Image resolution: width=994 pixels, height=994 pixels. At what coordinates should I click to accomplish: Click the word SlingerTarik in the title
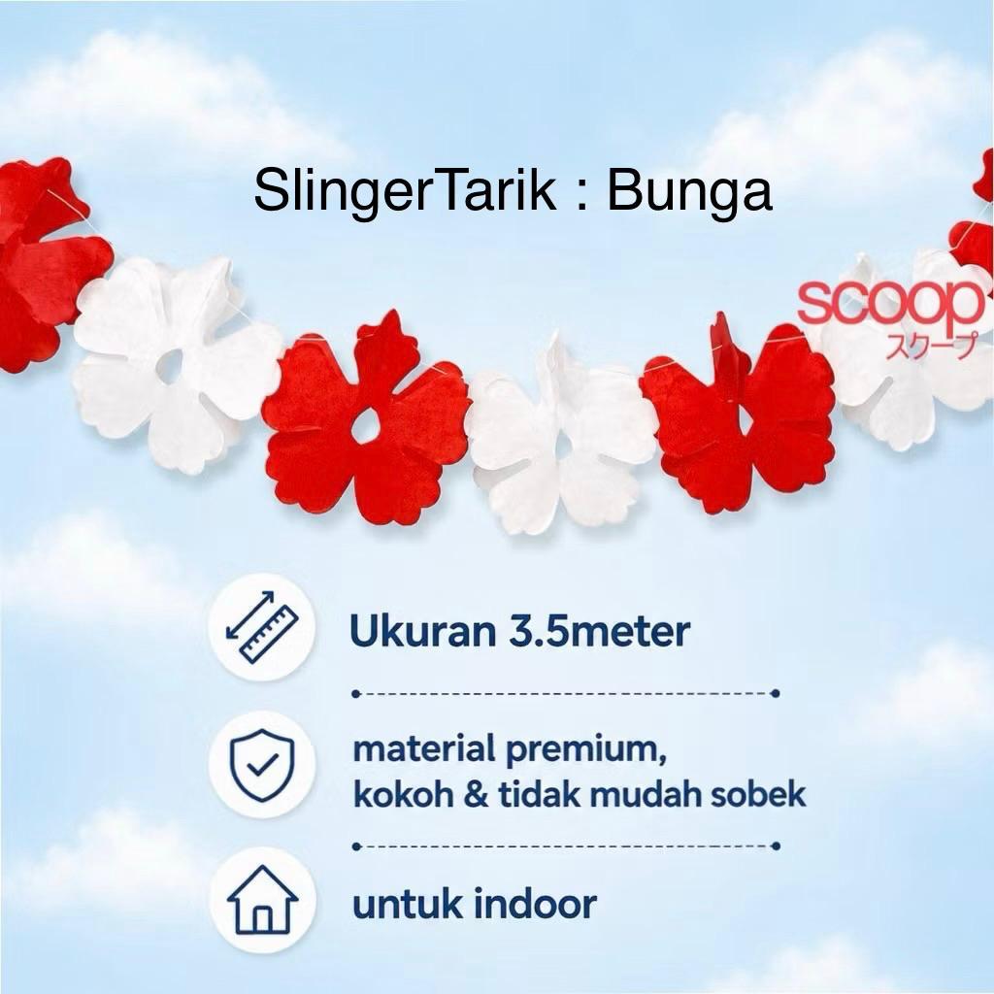[x=405, y=191]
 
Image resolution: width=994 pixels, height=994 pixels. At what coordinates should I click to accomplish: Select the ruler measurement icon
[x=262, y=628]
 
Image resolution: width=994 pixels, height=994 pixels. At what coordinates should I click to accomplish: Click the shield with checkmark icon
[x=262, y=765]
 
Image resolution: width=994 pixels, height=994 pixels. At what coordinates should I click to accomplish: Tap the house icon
[x=262, y=899]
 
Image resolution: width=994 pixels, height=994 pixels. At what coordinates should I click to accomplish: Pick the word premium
[x=585, y=750]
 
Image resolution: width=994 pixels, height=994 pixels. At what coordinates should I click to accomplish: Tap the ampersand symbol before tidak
[x=476, y=795]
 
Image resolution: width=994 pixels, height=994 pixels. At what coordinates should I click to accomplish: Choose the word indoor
[x=535, y=904]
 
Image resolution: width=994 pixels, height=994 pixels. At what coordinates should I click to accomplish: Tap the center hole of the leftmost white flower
[x=171, y=366]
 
